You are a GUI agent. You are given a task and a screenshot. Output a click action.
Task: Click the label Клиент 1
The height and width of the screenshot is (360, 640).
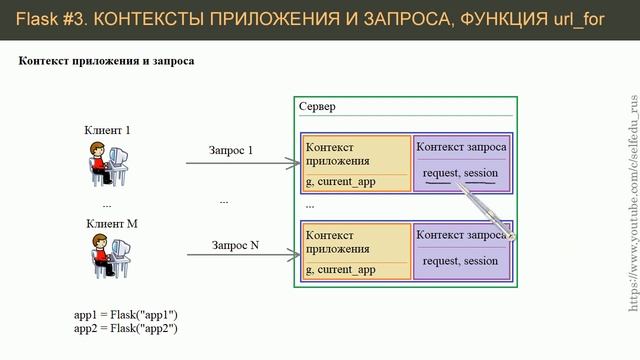[108, 130]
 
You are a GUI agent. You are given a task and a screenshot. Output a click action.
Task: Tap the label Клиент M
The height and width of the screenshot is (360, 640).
[111, 224]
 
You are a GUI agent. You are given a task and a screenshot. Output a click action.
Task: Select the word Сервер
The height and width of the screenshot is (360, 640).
[318, 107]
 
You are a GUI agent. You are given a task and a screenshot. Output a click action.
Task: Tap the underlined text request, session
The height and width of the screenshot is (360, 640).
[460, 175]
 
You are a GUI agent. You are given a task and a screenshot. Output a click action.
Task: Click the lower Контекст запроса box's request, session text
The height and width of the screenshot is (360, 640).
[460, 262]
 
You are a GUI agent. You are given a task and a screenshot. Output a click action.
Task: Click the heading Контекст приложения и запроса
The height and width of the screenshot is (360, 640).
[106, 61]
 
